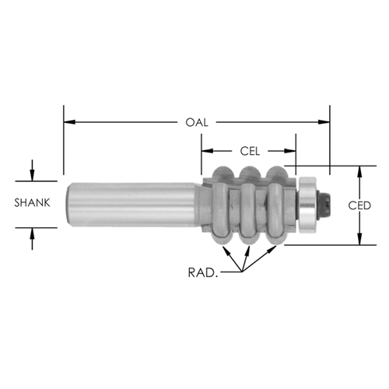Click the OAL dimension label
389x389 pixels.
tap(197, 122)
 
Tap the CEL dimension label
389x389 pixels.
tap(250, 151)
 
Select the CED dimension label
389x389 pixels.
tap(359, 205)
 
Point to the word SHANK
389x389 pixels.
tap(32, 203)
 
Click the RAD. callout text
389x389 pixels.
tap(203, 273)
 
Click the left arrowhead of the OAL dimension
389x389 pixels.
tap(69, 122)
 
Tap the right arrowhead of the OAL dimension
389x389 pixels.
tap(324, 122)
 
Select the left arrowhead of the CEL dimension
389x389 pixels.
tap(208, 151)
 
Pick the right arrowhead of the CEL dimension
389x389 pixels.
tap(290, 151)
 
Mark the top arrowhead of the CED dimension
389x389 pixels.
tap(359, 172)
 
